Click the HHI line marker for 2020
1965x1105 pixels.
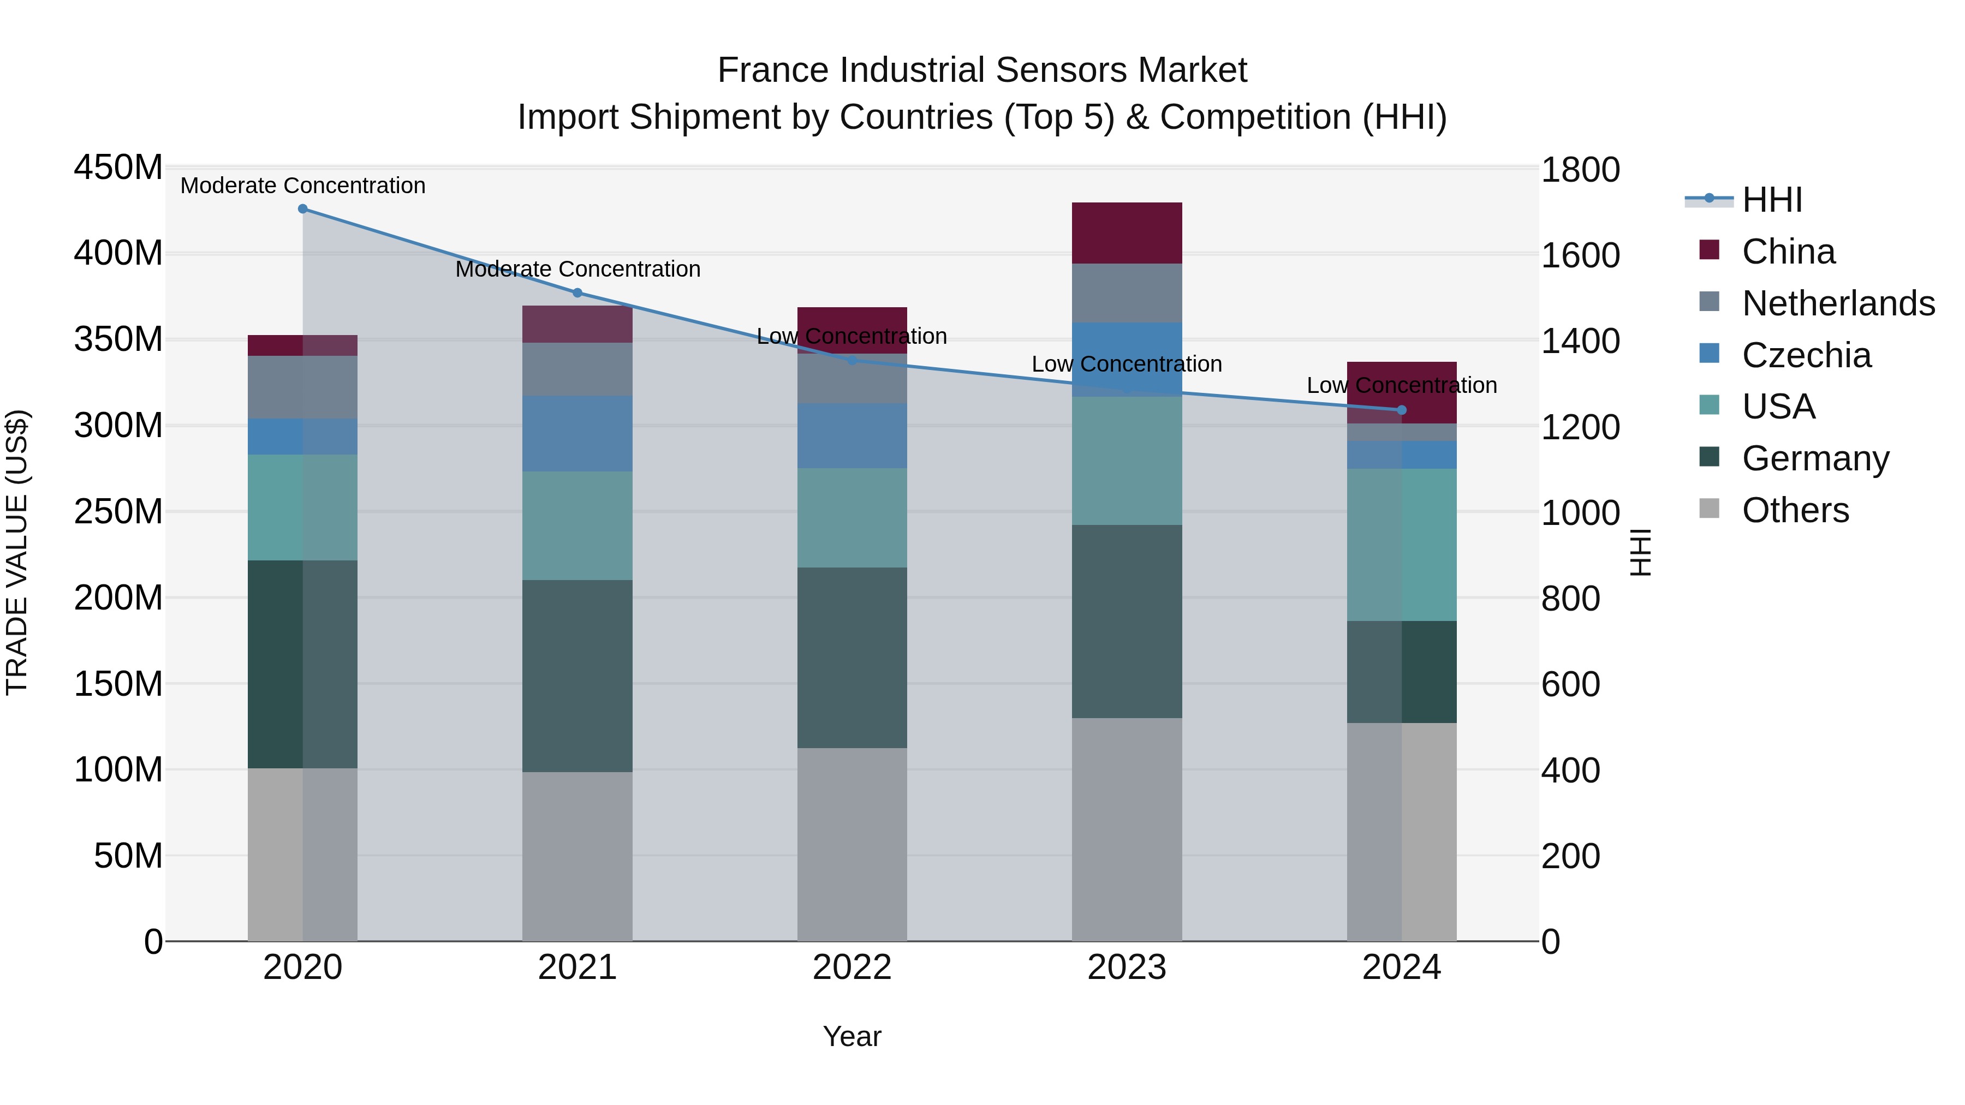tap(303, 209)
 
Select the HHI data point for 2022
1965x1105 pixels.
tap(852, 360)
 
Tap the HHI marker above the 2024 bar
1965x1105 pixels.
tap(1401, 410)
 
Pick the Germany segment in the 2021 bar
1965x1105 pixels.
tap(577, 676)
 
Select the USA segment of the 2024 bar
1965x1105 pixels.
tap(1401, 545)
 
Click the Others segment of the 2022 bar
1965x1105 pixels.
tap(852, 844)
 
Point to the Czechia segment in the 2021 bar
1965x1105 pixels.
tap(577, 433)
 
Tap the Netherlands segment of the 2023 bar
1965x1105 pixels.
tap(1127, 293)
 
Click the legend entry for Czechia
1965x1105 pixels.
tap(1806, 355)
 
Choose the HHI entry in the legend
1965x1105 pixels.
tap(1771, 200)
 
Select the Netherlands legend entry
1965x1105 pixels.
tap(1838, 303)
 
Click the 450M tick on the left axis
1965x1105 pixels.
tap(118, 167)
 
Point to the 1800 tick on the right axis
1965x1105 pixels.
tap(1580, 169)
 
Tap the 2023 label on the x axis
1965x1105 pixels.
tap(1127, 967)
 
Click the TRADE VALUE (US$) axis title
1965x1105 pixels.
tap(17, 553)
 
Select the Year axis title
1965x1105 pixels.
tap(852, 1036)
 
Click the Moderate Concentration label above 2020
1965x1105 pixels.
tap(303, 186)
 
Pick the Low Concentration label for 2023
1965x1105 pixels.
tap(1127, 364)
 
